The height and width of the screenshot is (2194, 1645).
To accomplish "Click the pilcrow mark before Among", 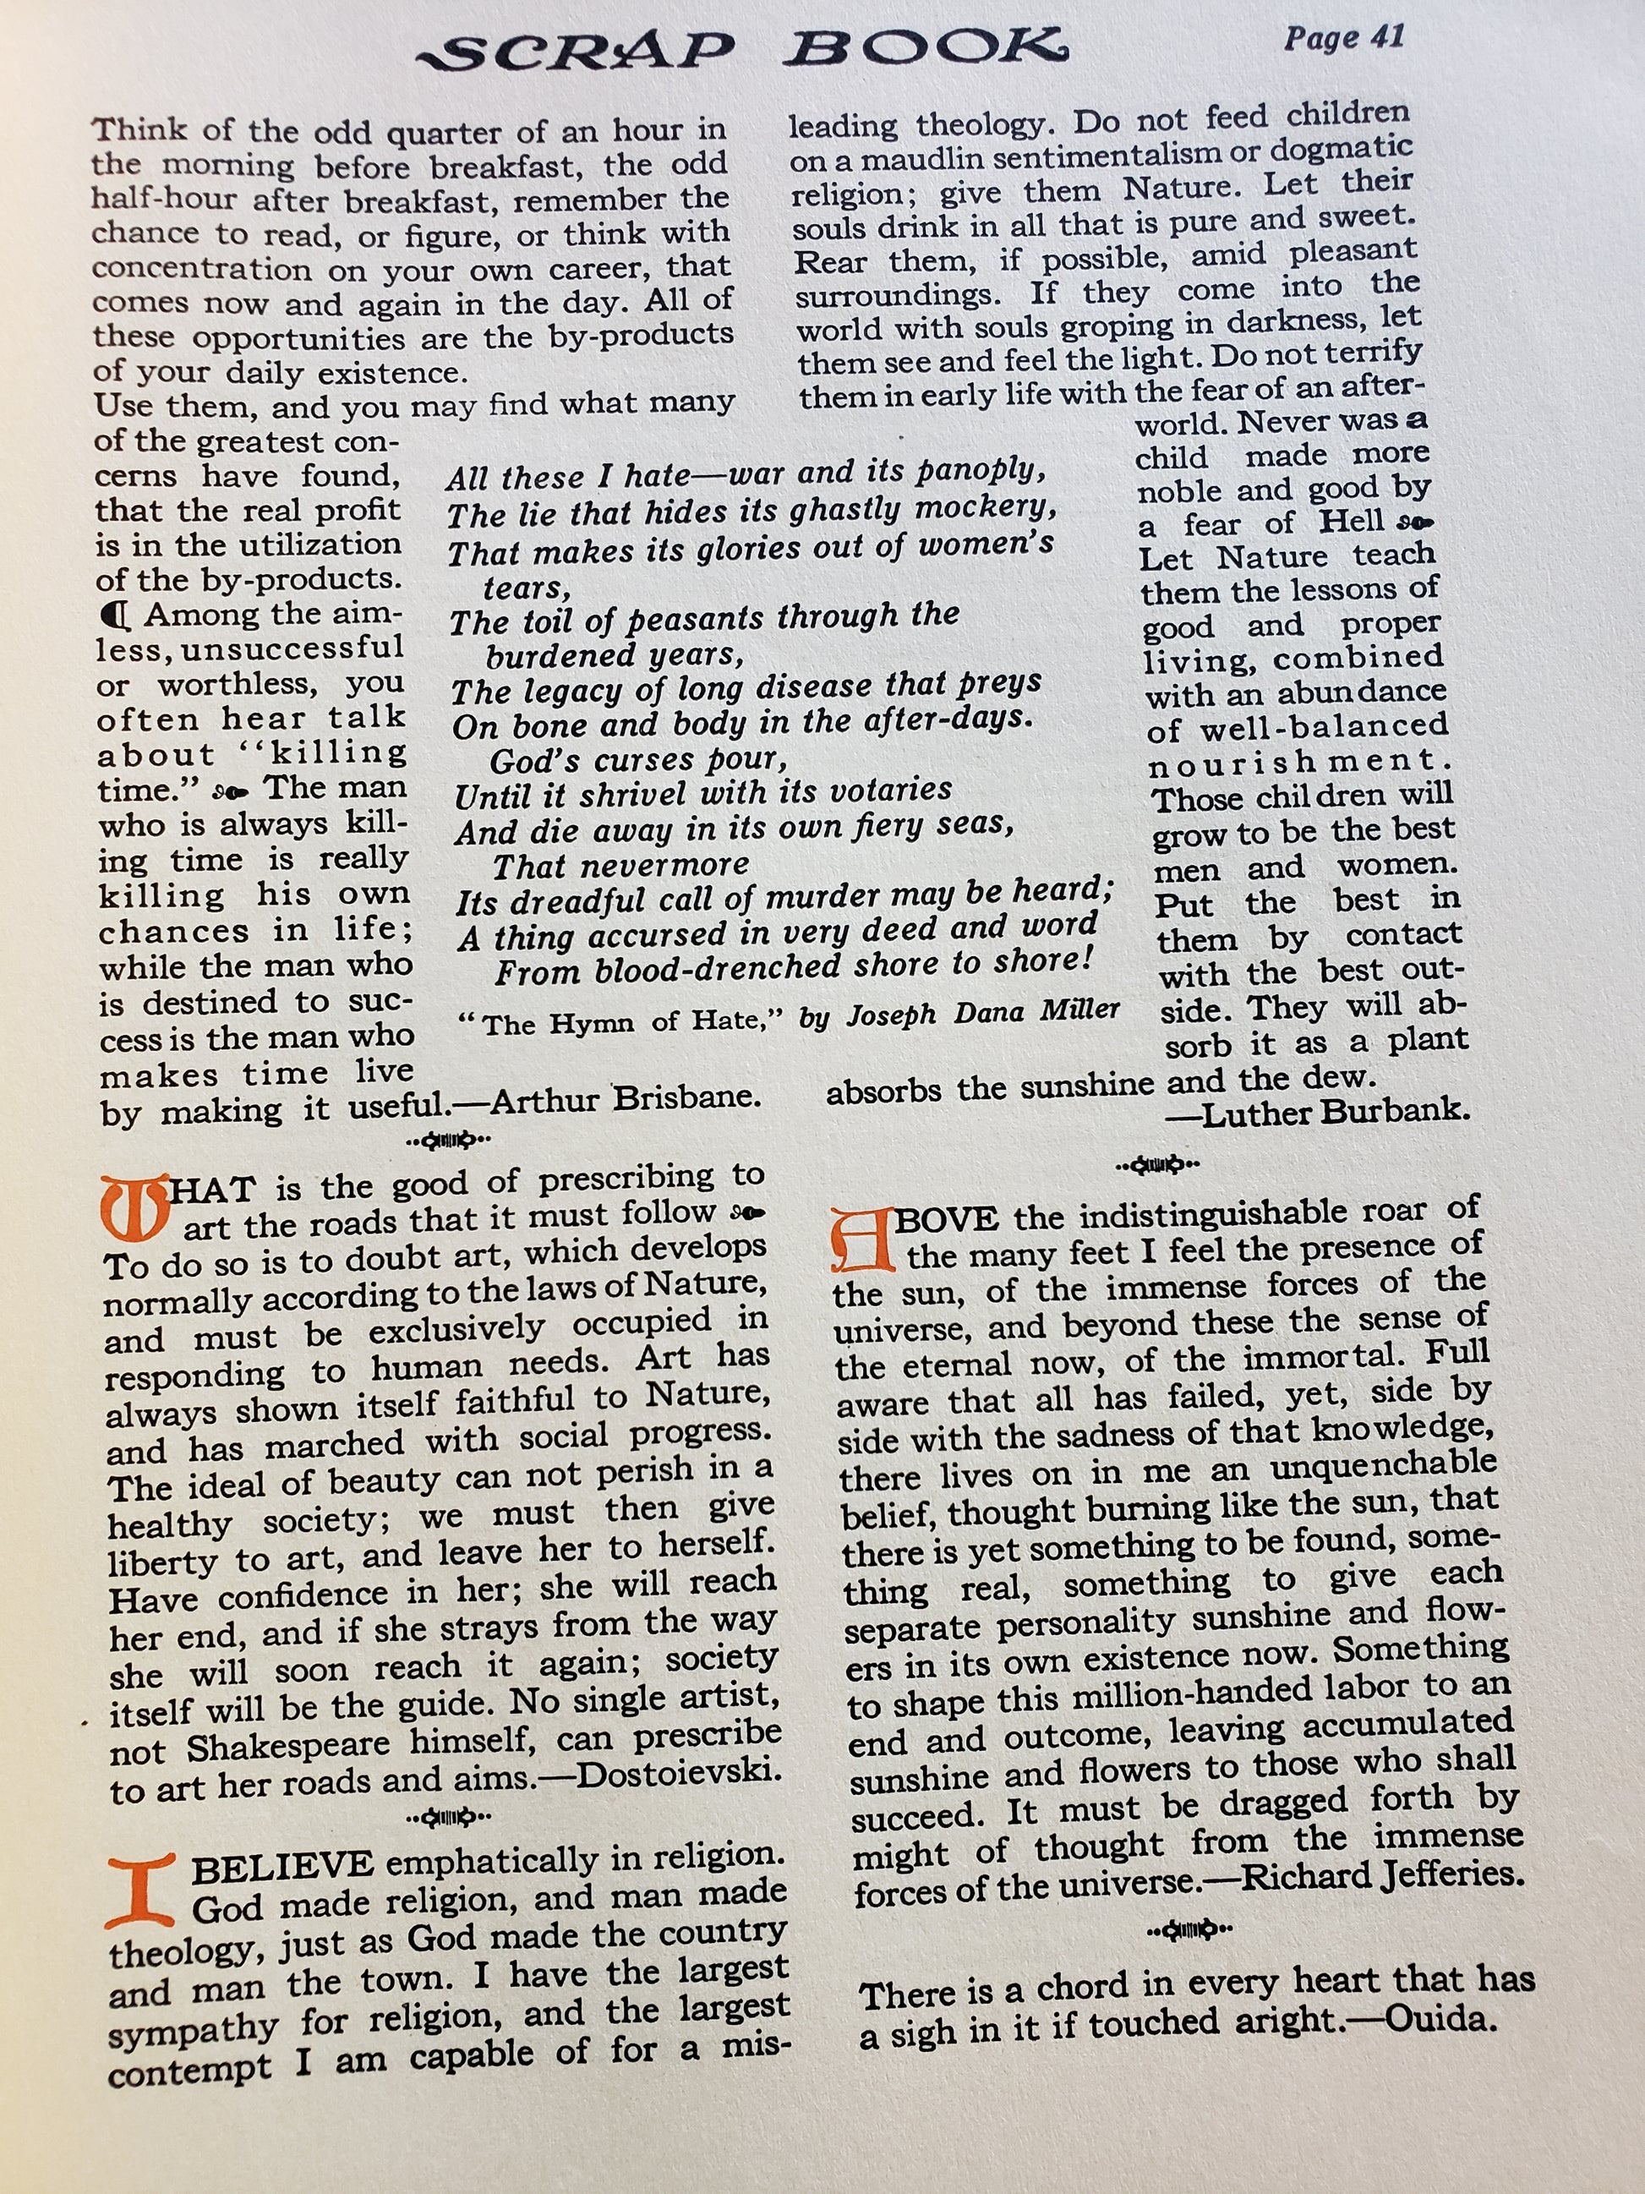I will (x=115, y=617).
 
